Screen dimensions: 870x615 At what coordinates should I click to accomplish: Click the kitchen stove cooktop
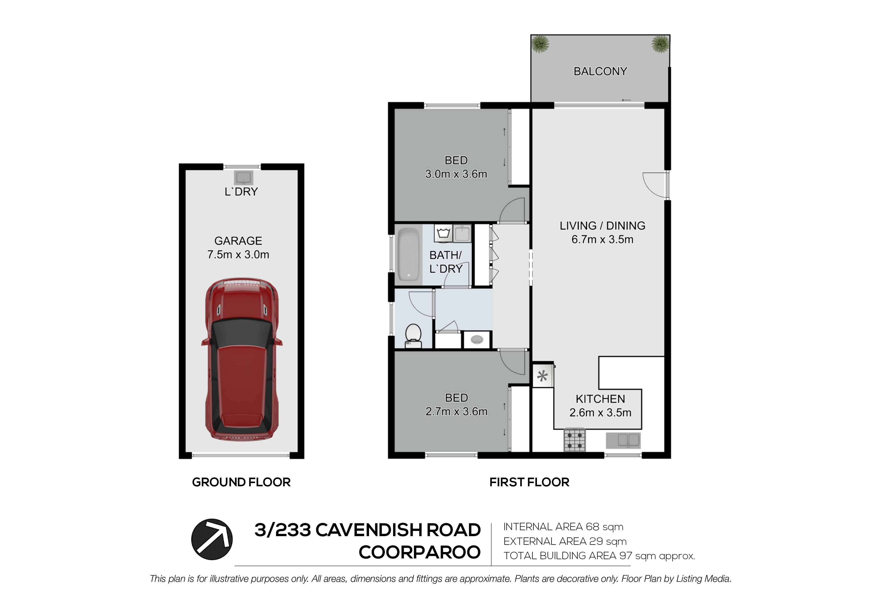point(575,440)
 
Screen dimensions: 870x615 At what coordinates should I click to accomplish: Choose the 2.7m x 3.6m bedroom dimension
point(456,411)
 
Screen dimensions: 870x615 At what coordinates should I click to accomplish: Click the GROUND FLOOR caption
point(241,482)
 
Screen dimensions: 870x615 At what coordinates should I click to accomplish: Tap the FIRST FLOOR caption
point(529,482)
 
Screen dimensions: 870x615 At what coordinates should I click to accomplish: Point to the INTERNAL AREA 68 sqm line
point(563,527)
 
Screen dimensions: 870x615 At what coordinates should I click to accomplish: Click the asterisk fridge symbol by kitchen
point(543,376)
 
